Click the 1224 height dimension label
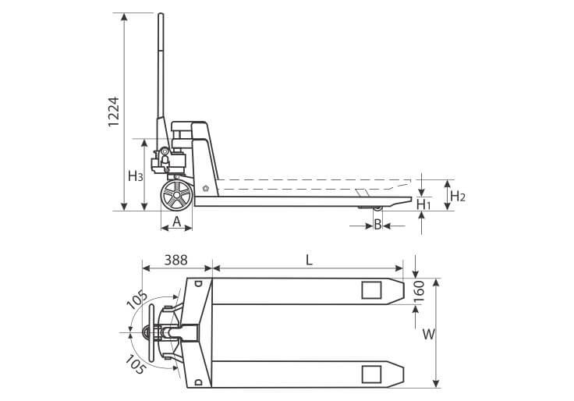point(114,112)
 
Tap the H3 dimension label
point(135,176)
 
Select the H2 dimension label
point(458,197)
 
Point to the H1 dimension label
point(423,204)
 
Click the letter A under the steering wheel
point(177,222)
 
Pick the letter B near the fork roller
point(377,224)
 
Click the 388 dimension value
point(175,260)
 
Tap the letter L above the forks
point(310,260)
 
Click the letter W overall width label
point(429,334)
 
